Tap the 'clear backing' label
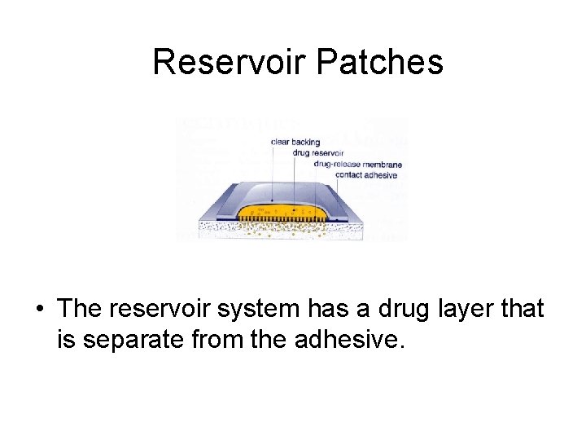coord(295,142)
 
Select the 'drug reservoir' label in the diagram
coord(318,153)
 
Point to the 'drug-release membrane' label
coord(358,165)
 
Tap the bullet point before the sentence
coord(39,310)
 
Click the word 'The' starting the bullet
coord(78,309)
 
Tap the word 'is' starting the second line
coord(64,338)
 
